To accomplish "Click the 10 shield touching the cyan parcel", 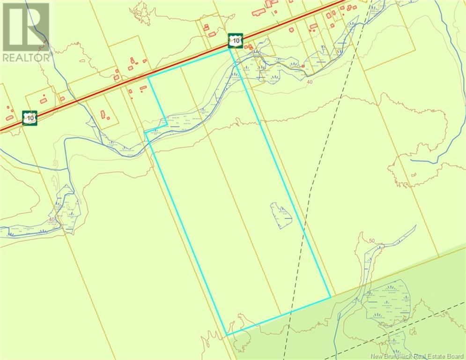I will [236, 41].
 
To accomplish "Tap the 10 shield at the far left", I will [30, 118].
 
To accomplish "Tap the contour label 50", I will [372, 241].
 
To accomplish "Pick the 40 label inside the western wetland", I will [52, 219].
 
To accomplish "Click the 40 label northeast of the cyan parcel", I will [309, 82].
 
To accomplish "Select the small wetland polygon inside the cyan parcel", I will [281, 216].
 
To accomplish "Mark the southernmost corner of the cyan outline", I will [227, 334].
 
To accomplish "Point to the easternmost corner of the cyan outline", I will [331, 296].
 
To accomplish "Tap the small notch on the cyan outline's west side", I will [146, 133].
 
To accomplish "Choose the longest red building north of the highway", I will [259, 11].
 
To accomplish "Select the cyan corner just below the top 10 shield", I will [230, 50].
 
